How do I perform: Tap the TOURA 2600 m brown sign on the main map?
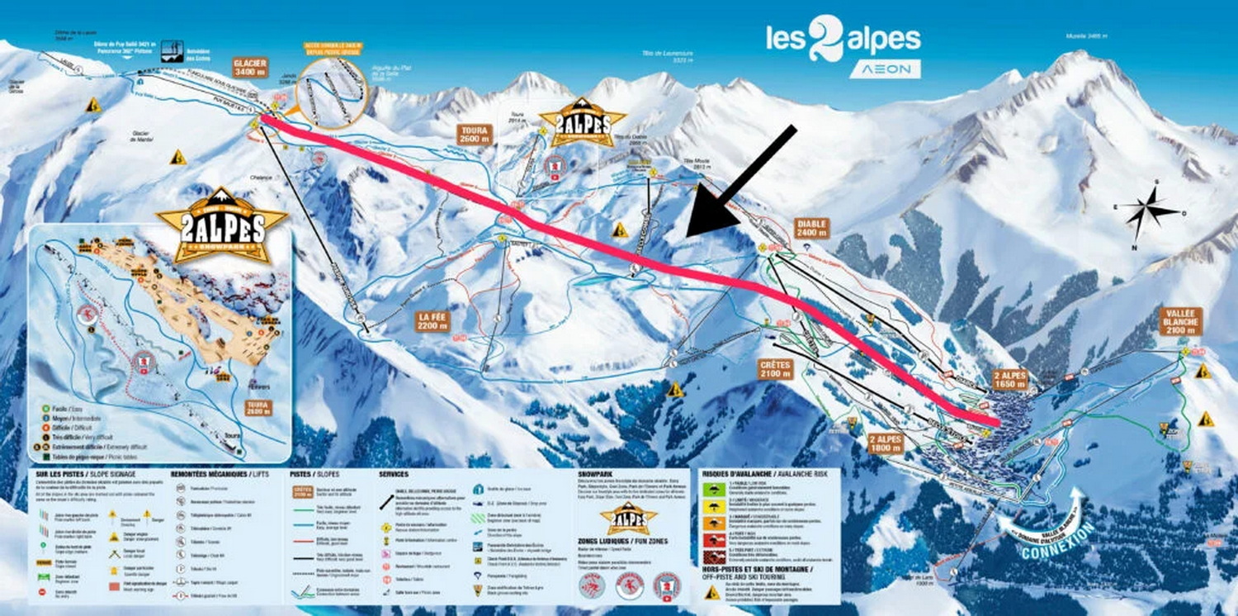475,135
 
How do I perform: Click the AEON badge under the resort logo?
885,69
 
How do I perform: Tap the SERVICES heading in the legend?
394,475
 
